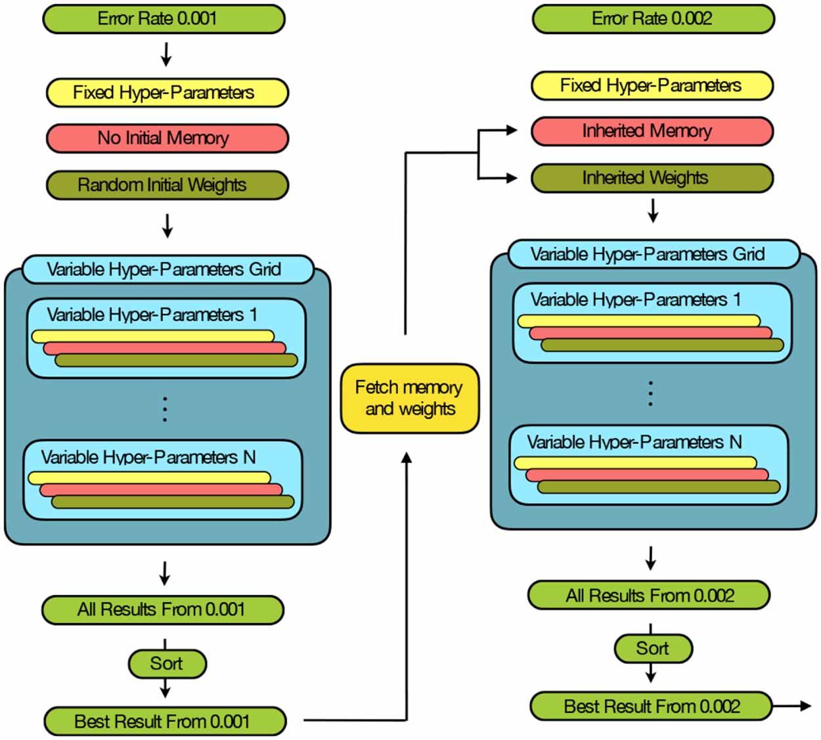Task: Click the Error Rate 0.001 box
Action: tap(164, 19)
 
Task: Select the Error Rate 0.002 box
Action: tap(653, 19)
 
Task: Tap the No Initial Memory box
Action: tap(167, 139)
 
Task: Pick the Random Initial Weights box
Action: tap(167, 185)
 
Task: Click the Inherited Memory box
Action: tap(652, 131)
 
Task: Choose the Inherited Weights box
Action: tap(652, 178)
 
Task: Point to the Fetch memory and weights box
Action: tap(410, 399)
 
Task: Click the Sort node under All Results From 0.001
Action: tap(167, 664)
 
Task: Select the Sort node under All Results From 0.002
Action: tap(653, 649)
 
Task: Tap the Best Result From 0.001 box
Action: tap(165, 722)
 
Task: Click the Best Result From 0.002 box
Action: tap(651, 707)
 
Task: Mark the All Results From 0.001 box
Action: tap(163, 610)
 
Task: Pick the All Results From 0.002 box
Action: tap(649, 596)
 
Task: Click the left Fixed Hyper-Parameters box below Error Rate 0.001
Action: tap(167, 93)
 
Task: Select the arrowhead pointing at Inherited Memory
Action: tap(512, 130)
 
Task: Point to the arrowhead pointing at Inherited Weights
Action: tap(512, 177)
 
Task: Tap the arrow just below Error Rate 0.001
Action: tap(166, 55)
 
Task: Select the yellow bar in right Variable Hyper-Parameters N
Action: tap(635, 463)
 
